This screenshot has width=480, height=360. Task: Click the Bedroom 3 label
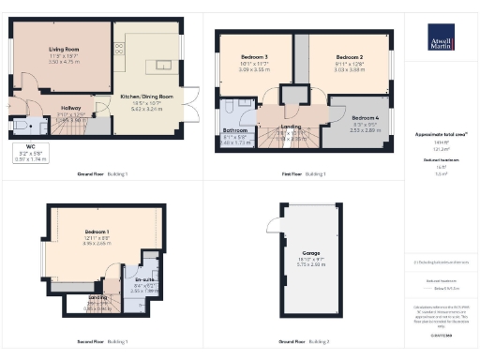click(253, 58)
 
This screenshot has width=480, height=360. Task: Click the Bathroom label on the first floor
click(234, 130)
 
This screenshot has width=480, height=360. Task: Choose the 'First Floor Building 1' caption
click(303, 174)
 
